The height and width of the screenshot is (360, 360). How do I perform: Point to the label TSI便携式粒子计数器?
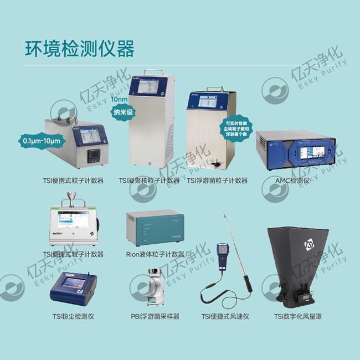pos(74,181)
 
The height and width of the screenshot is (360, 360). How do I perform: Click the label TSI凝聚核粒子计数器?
pos(150,181)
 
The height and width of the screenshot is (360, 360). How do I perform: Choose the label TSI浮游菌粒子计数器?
pos(217,181)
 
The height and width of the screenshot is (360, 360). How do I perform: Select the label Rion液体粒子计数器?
pos(155,254)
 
